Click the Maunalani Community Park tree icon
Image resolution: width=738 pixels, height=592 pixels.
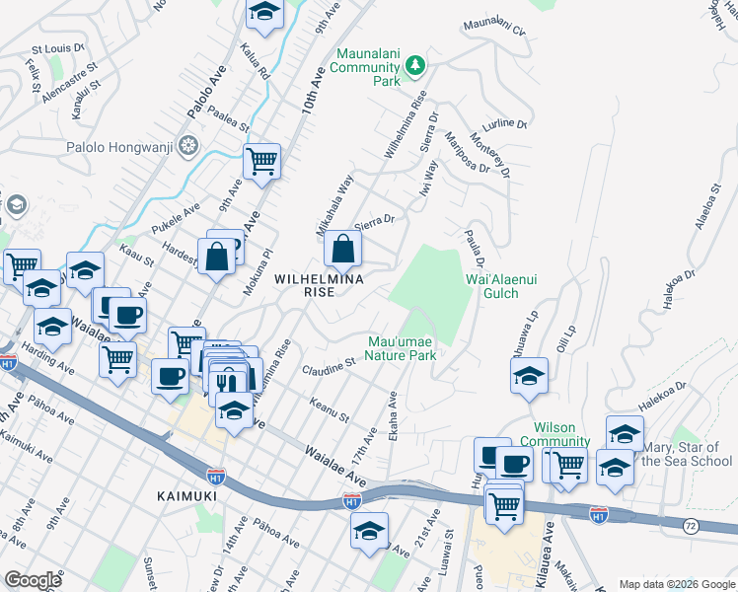(416, 65)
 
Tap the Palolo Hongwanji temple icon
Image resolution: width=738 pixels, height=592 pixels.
(188, 148)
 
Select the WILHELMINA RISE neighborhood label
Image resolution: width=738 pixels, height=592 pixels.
(319, 279)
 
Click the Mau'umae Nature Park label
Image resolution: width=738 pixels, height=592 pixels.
(402, 348)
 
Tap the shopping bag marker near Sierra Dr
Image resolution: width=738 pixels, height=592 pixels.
(342, 251)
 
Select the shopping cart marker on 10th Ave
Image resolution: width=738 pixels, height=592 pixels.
(261, 161)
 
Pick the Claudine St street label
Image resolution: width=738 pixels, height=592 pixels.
(330, 368)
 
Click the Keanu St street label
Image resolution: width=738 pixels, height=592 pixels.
(330, 409)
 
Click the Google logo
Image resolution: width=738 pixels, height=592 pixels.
(33, 580)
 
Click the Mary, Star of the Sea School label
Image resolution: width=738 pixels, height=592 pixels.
(686, 454)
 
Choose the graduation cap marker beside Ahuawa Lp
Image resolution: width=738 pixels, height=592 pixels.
(529, 377)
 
